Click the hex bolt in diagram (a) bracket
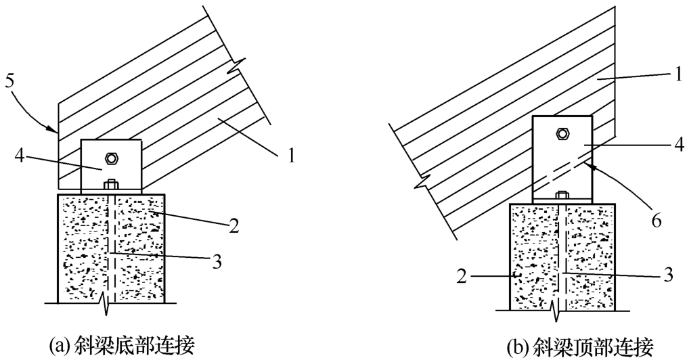pyautogui.click(x=111, y=157)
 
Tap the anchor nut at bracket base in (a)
pyautogui.click(x=110, y=185)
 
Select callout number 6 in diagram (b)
pyautogui.click(x=655, y=221)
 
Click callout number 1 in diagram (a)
pyautogui.click(x=291, y=156)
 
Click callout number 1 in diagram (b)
pyautogui.click(x=678, y=74)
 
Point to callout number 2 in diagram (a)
pyautogui.click(x=234, y=227)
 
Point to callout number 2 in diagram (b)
pyautogui.click(x=462, y=276)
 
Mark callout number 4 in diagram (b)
pyautogui.click(x=678, y=145)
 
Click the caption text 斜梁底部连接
pyautogui.click(x=134, y=346)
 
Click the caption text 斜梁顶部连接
pyautogui.click(x=593, y=348)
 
